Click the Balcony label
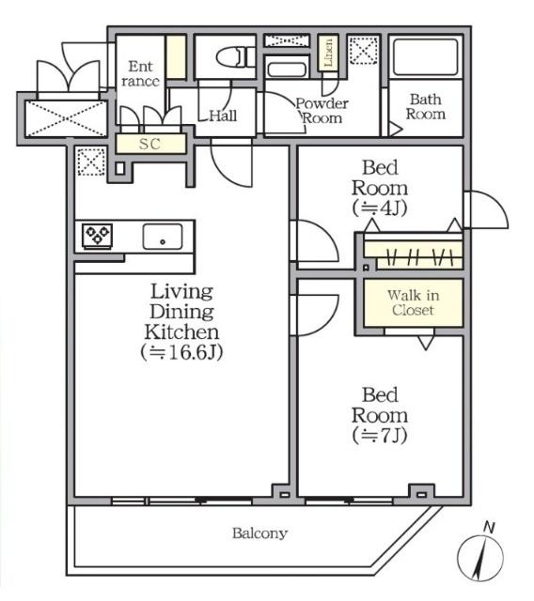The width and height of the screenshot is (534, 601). pyautogui.click(x=259, y=533)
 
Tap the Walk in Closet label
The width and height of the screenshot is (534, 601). pyautogui.click(x=413, y=302)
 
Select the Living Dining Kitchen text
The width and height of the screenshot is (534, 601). pyautogui.click(x=181, y=312)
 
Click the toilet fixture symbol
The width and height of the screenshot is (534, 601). pyautogui.click(x=235, y=57)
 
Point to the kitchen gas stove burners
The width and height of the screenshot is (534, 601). pyautogui.click(x=98, y=235)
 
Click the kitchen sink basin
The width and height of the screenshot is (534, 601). pyautogui.click(x=163, y=237)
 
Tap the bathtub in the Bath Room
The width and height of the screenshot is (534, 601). pyautogui.click(x=426, y=56)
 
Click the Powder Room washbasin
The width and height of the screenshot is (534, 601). pyautogui.click(x=287, y=70)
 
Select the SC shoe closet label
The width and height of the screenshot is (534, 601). pyautogui.click(x=149, y=144)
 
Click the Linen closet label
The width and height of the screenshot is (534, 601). pyautogui.click(x=328, y=54)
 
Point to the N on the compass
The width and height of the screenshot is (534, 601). pyautogui.click(x=488, y=528)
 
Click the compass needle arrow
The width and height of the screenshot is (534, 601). pyautogui.click(x=480, y=558)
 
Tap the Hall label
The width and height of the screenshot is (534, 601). pyautogui.click(x=223, y=116)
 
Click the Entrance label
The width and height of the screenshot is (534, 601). pyautogui.click(x=140, y=73)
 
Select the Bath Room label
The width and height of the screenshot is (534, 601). pyautogui.click(x=426, y=106)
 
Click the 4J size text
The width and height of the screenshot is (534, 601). pyautogui.click(x=380, y=208)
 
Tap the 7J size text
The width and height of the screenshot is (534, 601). pyautogui.click(x=380, y=436)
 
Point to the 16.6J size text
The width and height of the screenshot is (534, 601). pyautogui.click(x=181, y=352)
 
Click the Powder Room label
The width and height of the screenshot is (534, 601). pyautogui.click(x=322, y=111)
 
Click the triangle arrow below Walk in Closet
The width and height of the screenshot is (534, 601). pyautogui.click(x=426, y=342)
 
